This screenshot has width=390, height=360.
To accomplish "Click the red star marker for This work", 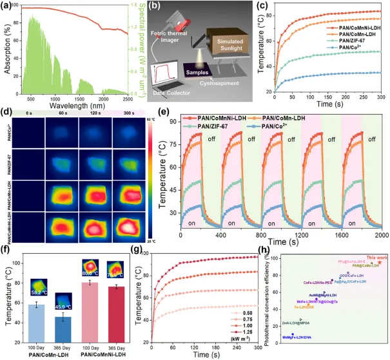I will [x=380, y=262].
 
